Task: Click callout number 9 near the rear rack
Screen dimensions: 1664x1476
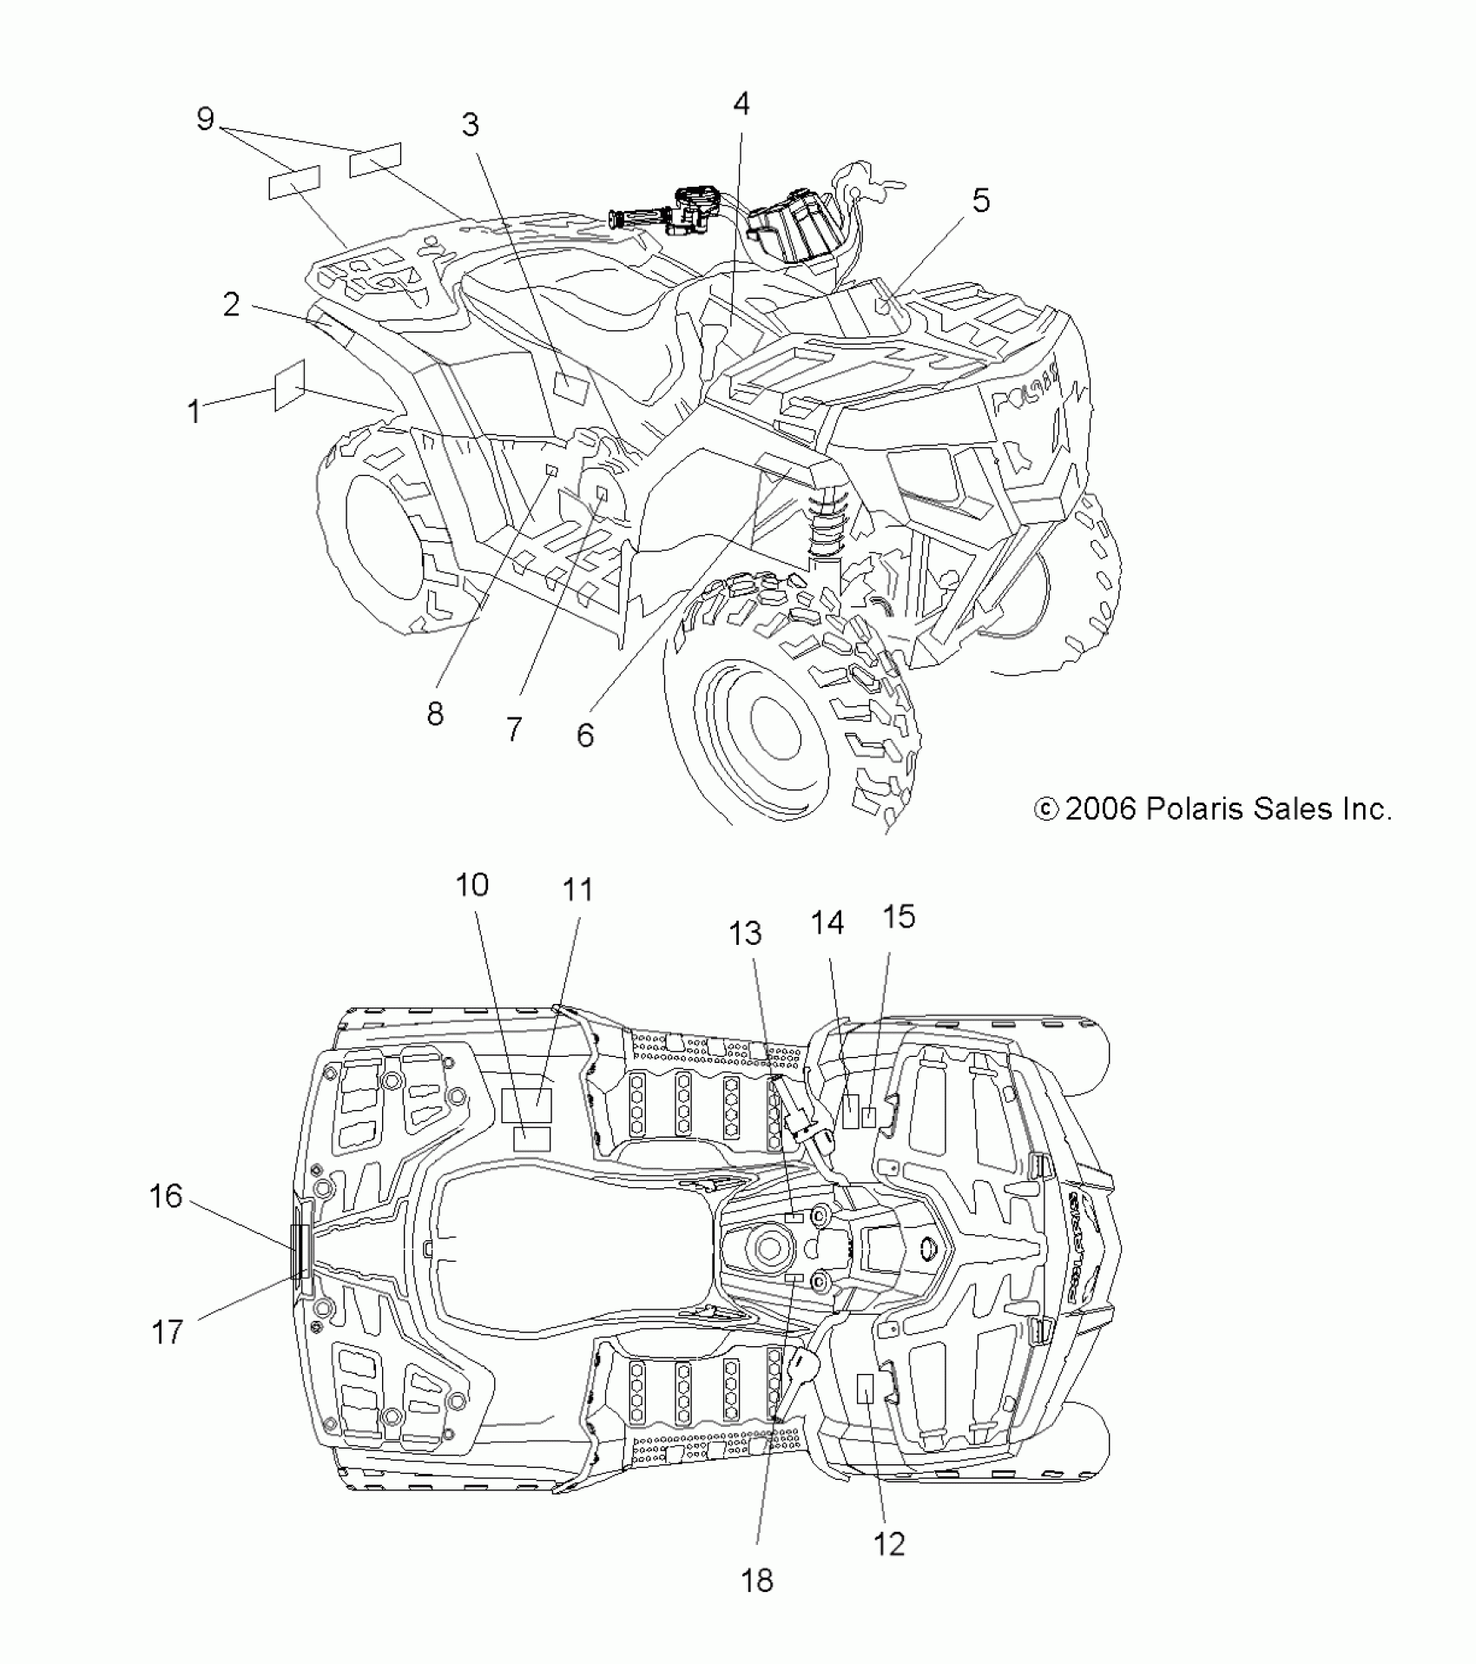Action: (205, 119)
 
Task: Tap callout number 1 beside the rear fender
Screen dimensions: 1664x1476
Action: (194, 411)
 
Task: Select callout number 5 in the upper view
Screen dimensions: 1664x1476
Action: (980, 201)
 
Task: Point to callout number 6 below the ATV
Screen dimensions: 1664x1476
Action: (585, 735)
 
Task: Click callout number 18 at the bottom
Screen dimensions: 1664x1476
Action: (757, 1581)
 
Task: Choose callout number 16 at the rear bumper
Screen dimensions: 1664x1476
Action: (166, 1196)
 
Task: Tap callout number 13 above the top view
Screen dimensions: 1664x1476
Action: (745, 934)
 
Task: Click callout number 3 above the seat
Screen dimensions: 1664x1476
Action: (470, 125)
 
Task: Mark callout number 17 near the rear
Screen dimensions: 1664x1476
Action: (168, 1331)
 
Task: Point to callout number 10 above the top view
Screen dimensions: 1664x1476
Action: (472, 885)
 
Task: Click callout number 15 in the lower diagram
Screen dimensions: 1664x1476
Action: (899, 916)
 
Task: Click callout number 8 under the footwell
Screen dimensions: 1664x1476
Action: (435, 714)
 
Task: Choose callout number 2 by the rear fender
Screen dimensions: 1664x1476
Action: (231, 304)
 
